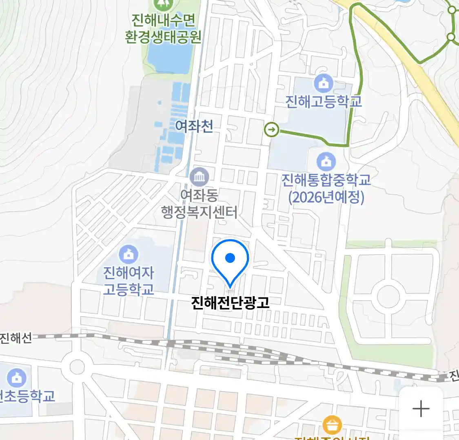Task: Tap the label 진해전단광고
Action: tap(230, 302)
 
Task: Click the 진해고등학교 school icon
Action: tap(324, 84)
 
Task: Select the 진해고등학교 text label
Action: tap(324, 101)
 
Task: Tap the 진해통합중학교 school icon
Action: tap(326, 162)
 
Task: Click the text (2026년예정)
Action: tap(326, 198)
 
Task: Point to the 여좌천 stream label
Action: tap(194, 126)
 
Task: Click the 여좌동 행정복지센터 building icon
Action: tap(199, 177)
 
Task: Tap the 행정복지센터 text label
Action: tap(199, 212)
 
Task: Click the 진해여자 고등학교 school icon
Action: tap(129, 254)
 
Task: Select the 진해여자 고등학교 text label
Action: tap(129, 281)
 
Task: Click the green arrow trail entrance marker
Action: tap(272, 130)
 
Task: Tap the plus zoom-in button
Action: tap(421, 408)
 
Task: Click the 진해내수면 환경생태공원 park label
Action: tap(163, 29)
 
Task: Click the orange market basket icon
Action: tap(332, 425)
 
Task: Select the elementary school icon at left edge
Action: tap(16, 378)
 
